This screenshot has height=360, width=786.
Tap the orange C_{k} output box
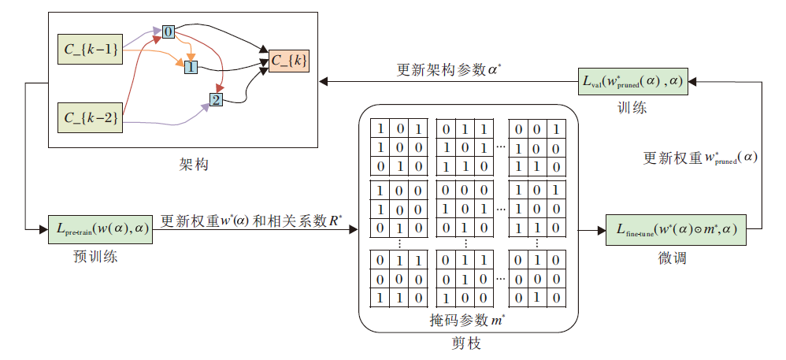[289, 60]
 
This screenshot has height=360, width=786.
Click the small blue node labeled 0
[168, 32]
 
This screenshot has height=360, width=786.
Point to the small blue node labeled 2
[216, 99]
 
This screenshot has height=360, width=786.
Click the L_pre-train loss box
[100, 228]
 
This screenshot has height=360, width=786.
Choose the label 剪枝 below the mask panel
[466, 343]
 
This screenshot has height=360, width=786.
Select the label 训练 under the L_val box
[632, 108]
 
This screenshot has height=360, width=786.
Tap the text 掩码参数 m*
[468, 320]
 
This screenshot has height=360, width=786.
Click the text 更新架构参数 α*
[449, 69]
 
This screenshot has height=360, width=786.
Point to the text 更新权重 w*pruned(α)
[700, 158]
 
